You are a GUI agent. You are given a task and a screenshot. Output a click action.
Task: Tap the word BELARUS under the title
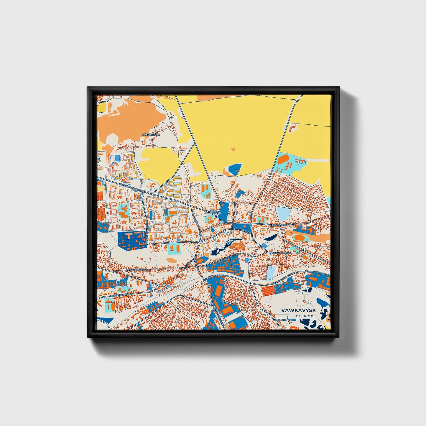coord(305,316)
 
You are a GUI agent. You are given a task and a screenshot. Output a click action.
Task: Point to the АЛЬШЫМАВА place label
coord(151,134)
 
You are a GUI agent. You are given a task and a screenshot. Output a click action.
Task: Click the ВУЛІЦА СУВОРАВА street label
coord(282,253)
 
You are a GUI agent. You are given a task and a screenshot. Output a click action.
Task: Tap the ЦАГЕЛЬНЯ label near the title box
coord(280,320)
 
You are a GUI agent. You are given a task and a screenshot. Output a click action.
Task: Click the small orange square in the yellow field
coord(233,149)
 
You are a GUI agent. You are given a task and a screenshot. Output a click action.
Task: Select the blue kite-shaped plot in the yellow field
coord(235,170)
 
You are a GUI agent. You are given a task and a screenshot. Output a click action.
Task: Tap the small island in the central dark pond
coord(228,244)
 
